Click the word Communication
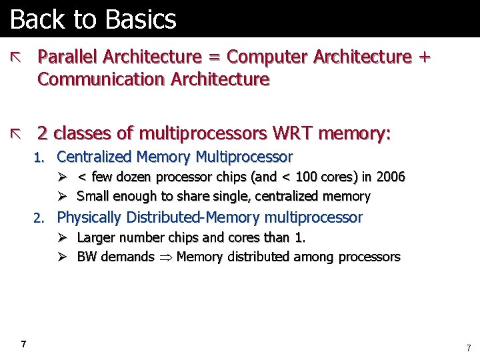(102, 80)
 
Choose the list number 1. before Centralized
(39, 158)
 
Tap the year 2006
(391, 177)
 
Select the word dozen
(134, 177)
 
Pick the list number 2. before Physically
(39, 218)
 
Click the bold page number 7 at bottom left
(24, 344)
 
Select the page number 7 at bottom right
(468, 347)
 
